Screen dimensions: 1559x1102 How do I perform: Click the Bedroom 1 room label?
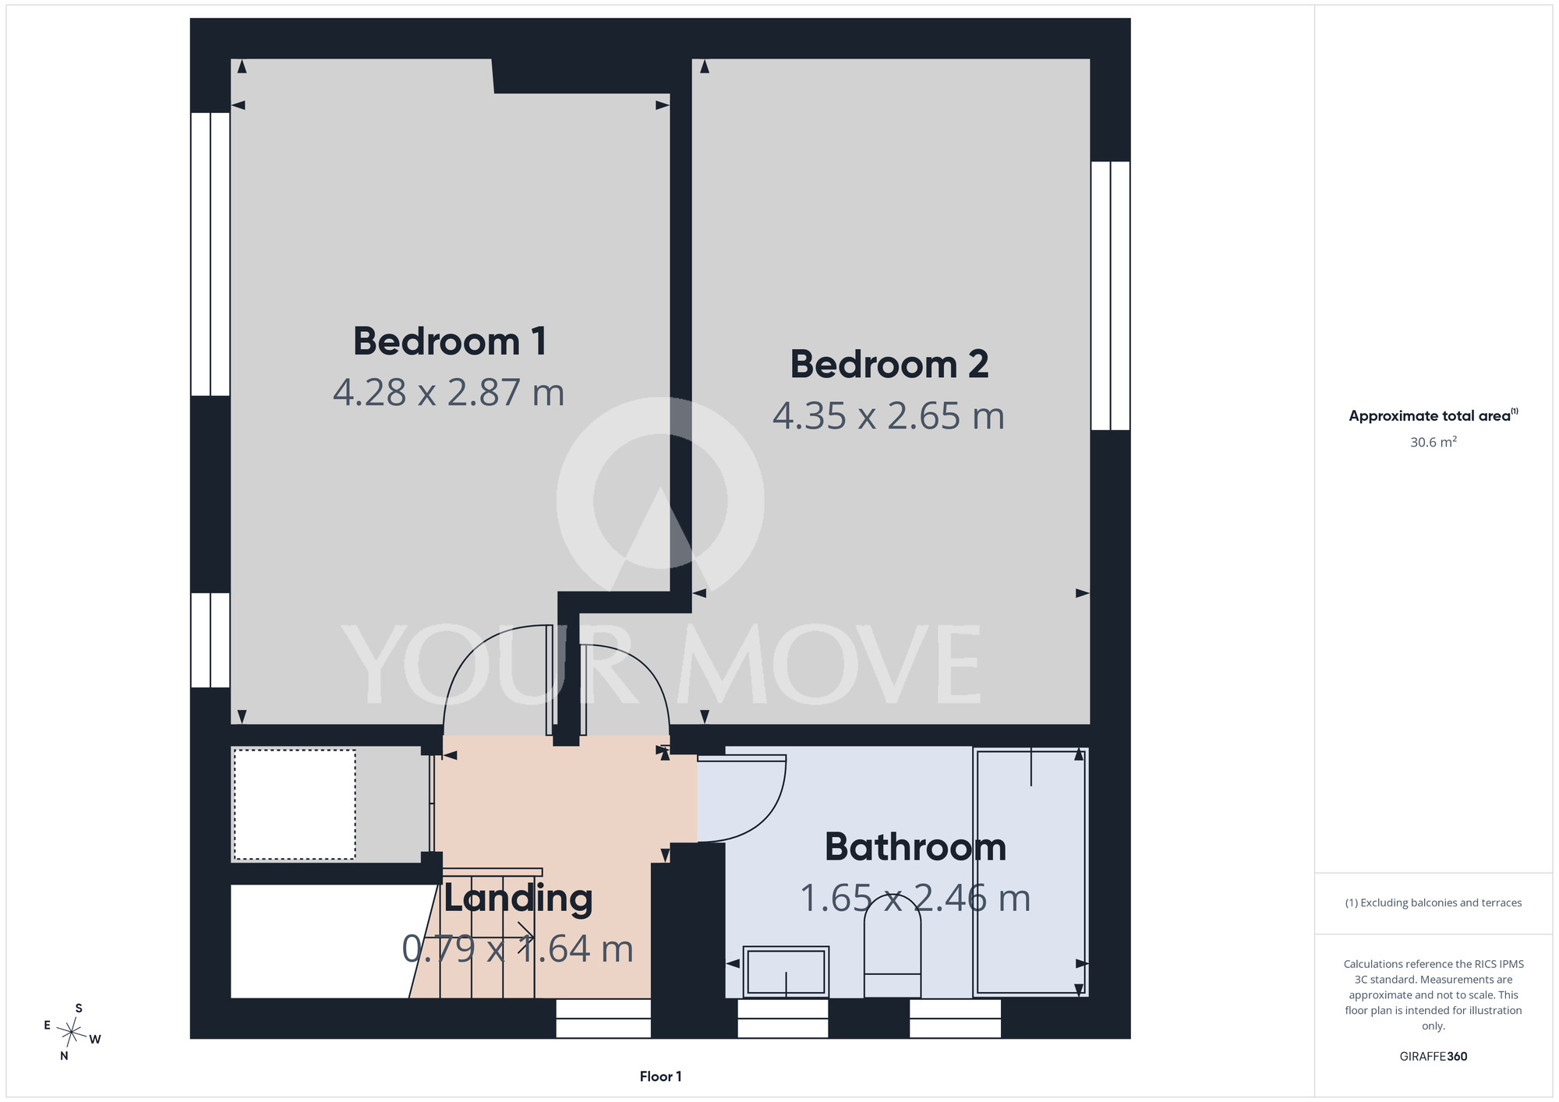point(450,341)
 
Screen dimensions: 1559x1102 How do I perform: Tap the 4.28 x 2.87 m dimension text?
point(449,392)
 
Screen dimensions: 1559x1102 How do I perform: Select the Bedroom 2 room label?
point(889,365)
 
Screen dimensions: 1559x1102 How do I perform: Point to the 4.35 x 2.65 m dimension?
point(889,415)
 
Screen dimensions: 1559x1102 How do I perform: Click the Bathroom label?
point(916,847)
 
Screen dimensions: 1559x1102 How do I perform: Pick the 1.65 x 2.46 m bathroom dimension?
point(916,898)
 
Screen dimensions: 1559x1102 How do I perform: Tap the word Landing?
point(518,898)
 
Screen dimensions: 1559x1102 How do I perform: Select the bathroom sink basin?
point(786,971)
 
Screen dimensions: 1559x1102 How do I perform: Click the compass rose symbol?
point(72,1033)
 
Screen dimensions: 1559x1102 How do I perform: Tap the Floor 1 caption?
point(660,1076)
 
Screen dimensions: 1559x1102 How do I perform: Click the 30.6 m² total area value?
point(1434,442)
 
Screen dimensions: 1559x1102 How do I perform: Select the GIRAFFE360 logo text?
point(1434,1057)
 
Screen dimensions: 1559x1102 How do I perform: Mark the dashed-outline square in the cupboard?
point(295,804)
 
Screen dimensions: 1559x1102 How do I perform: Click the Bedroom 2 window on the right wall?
point(1110,295)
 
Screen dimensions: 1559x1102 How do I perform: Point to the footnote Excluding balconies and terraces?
point(1434,902)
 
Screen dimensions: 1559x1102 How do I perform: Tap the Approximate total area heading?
point(1434,415)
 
